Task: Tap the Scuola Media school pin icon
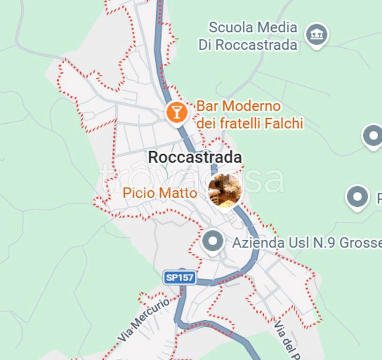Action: [x=317, y=34]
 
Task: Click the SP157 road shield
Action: [x=180, y=277]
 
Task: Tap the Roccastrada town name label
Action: [x=195, y=157]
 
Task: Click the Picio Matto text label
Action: [x=160, y=193]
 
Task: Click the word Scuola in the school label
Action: [x=229, y=28]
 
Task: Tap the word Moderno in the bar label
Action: [x=257, y=106]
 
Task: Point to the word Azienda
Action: [x=258, y=243]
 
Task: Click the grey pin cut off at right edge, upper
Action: [x=373, y=136]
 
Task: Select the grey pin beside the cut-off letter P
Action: [x=357, y=197]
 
